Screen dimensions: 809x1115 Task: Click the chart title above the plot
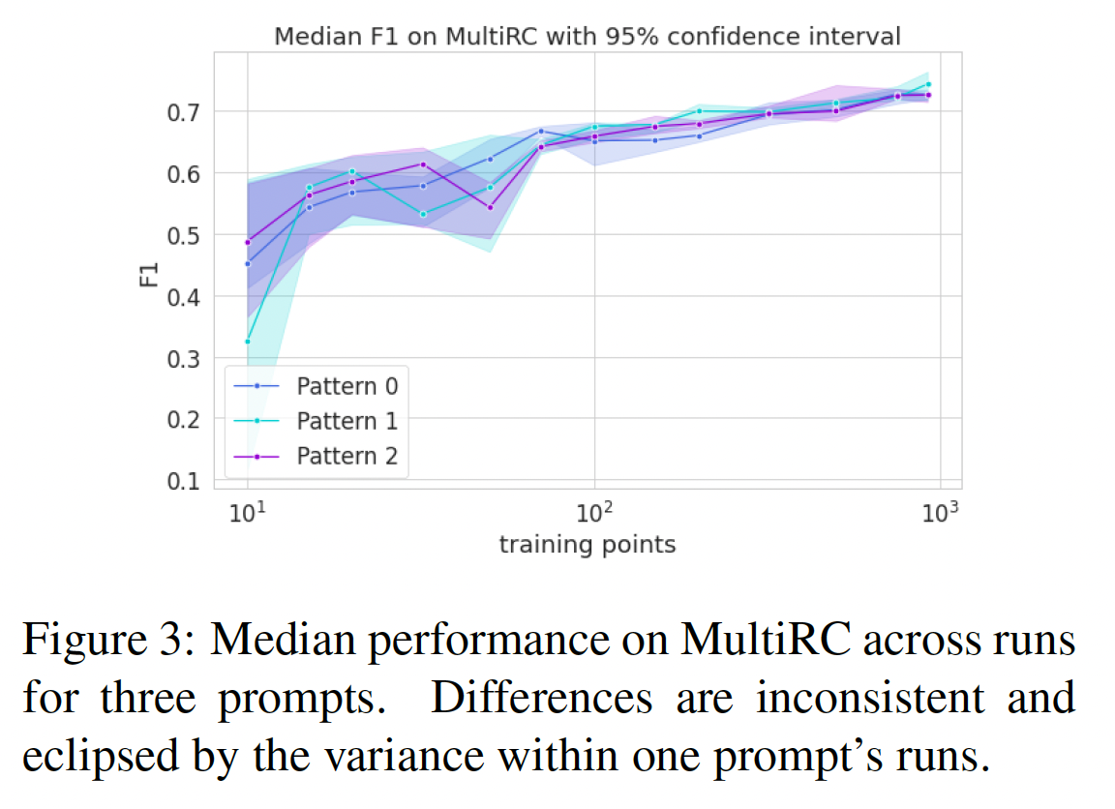588,37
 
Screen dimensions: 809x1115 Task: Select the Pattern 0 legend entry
347,386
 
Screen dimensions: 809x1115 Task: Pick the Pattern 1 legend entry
347,421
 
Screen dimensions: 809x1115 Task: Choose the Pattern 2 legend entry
347,456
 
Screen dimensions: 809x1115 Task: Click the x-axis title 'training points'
587,545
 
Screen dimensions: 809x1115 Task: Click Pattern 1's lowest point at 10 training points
248,341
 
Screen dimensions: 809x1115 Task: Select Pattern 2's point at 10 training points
248,242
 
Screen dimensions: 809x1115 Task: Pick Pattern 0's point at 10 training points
248,263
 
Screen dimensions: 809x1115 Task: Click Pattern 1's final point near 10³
928,84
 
